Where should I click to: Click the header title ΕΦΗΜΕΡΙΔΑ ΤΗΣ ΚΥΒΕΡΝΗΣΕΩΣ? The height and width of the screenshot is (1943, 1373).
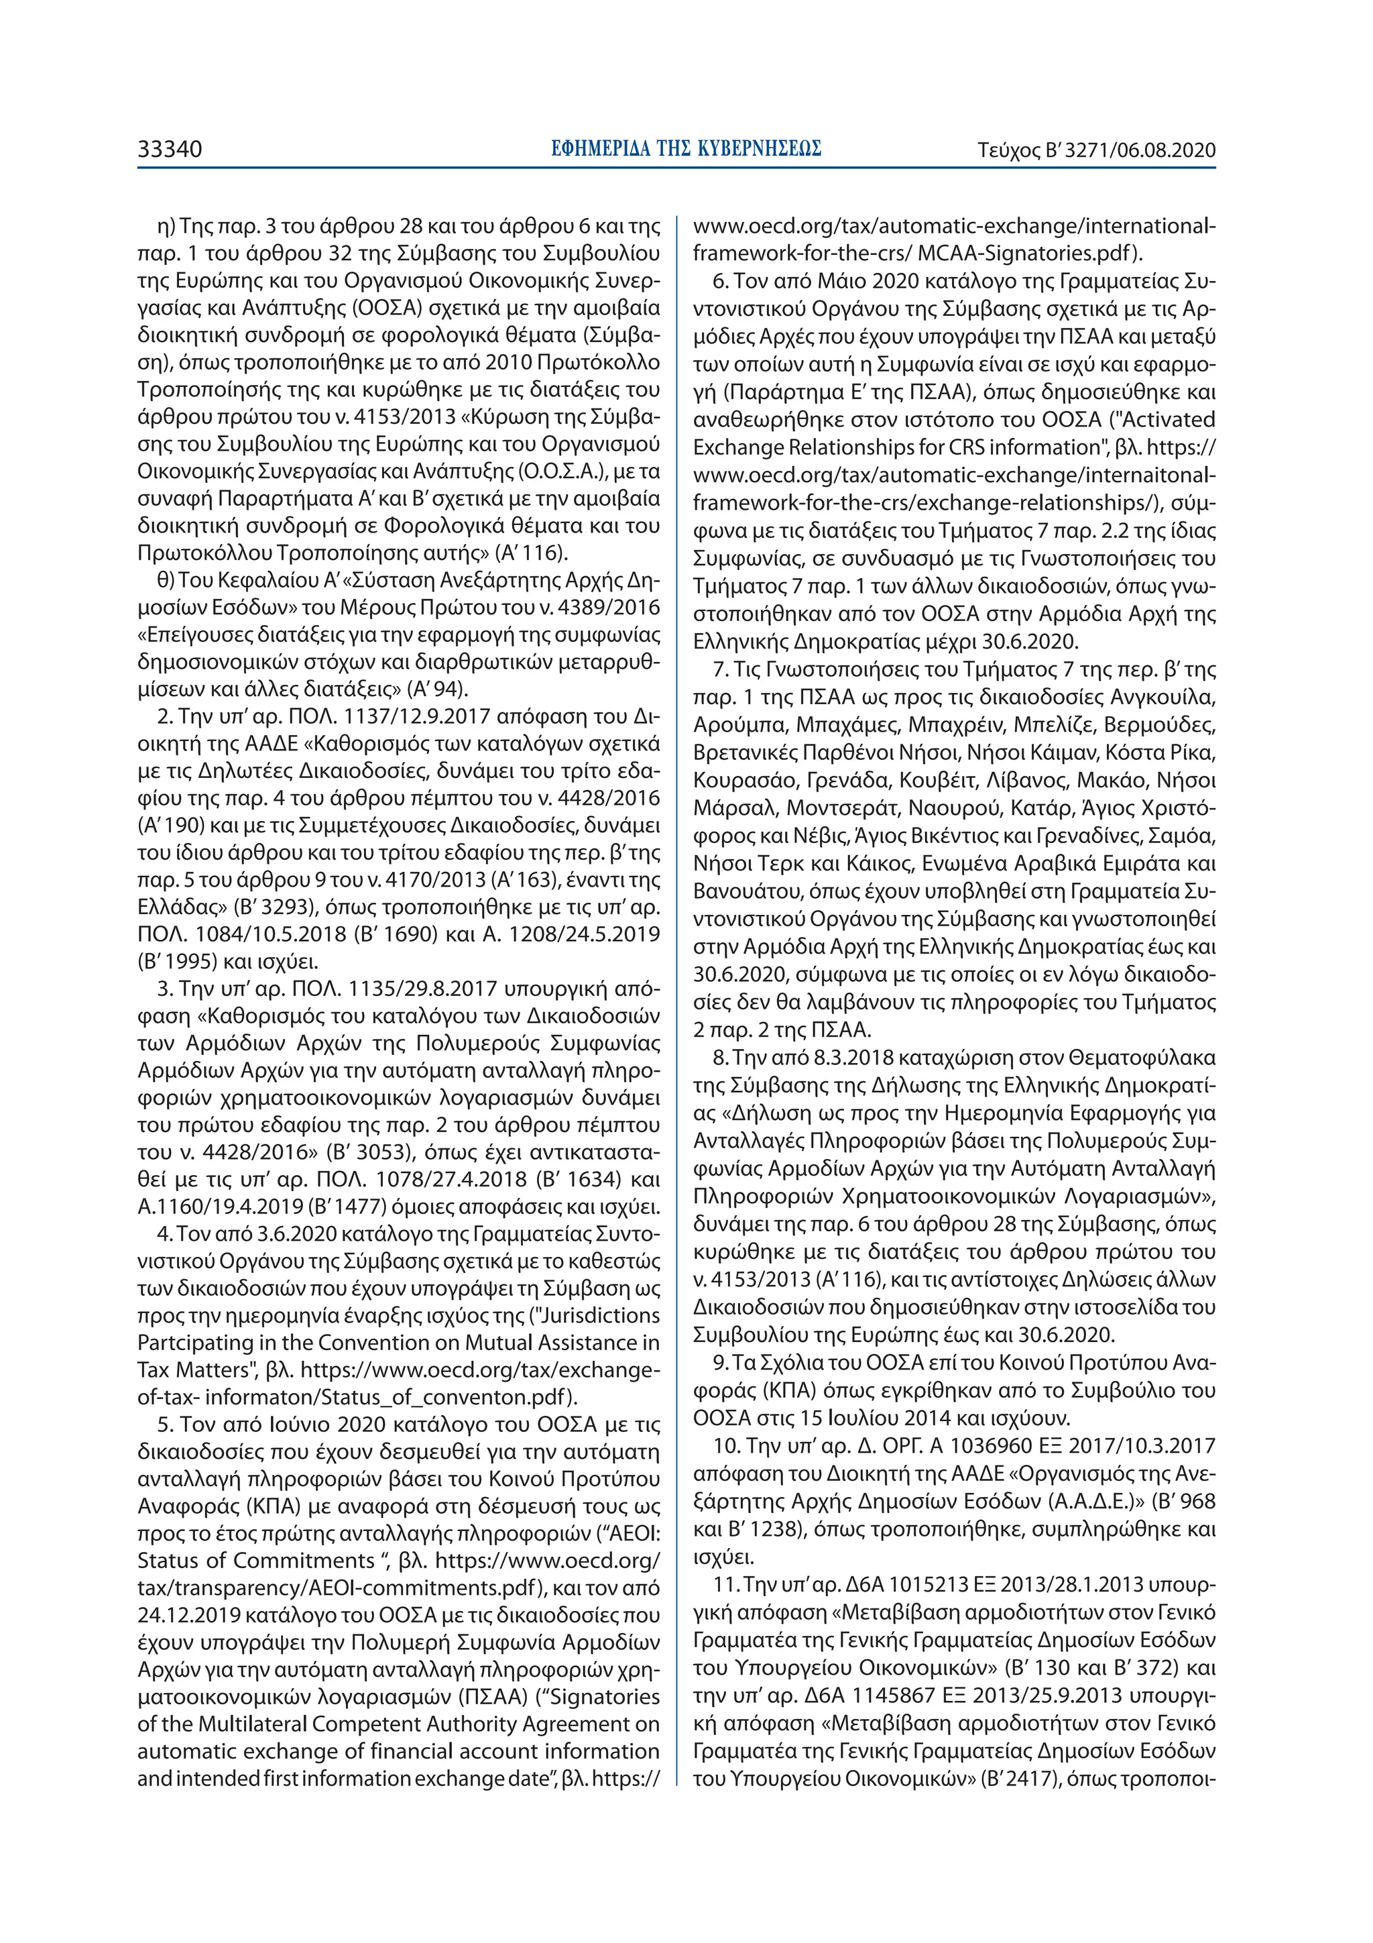click(685, 150)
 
